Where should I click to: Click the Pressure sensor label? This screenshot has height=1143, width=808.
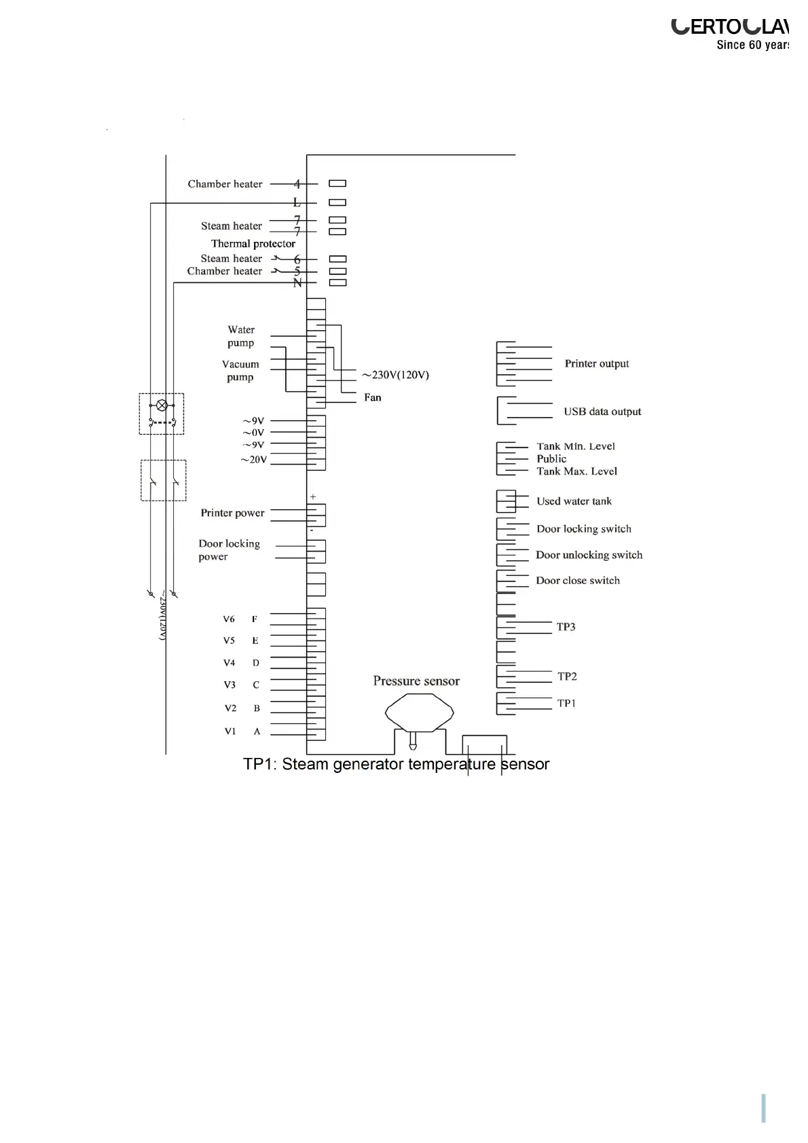point(416,681)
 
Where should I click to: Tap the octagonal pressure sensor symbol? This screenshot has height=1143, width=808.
point(419,712)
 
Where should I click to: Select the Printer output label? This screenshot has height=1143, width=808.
point(597,364)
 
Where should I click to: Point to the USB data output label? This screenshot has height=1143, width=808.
point(602,412)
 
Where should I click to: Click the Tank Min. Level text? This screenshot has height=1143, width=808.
point(576,446)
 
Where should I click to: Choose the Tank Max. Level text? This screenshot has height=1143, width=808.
point(577,471)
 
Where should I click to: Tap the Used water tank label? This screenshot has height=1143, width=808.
point(574,501)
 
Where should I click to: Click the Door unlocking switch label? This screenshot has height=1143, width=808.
point(589,555)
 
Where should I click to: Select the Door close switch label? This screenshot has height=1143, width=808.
point(578,581)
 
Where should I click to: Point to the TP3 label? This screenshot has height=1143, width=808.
point(566,627)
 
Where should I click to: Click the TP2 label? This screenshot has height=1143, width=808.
point(567,676)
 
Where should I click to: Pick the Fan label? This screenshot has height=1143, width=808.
point(373,397)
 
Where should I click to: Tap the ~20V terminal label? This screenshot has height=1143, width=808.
point(254,460)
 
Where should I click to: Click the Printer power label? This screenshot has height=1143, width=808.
point(232,513)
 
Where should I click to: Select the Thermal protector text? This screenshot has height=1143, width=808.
point(253,244)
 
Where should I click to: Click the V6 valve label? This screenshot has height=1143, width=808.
point(229,619)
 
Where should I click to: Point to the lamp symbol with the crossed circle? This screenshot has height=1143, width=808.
point(162,405)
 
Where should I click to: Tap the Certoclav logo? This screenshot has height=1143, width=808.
point(730,27)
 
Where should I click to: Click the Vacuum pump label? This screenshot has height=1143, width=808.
point(240,371)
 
